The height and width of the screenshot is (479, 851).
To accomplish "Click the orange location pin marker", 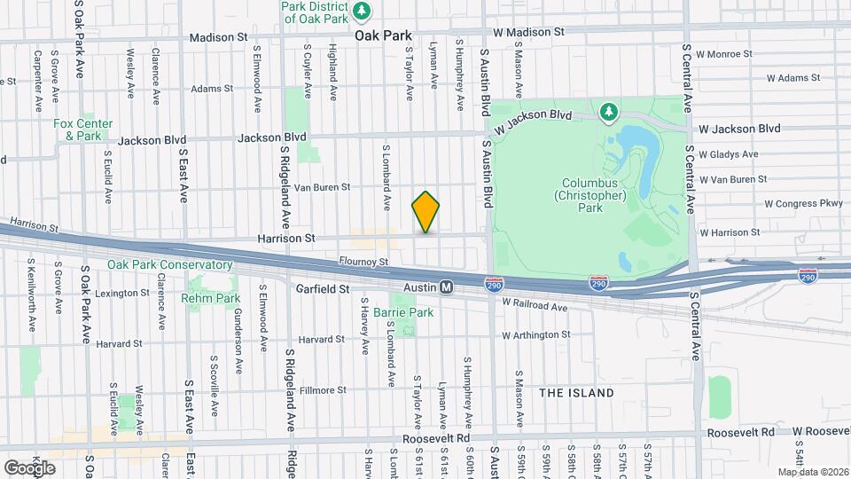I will (x=426, y=212).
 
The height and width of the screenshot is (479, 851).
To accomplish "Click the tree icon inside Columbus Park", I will (x=607, y=112).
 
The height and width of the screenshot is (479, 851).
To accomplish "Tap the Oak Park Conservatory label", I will (x=169, y=264).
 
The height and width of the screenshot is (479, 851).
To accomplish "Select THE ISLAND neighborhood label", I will (x=576, y=392).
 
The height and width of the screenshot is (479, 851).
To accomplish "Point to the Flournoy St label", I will (x=363, y=262).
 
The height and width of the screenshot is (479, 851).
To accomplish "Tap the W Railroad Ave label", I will (x=534, y=306).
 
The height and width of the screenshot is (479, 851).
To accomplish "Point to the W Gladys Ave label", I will (x=728, y=154).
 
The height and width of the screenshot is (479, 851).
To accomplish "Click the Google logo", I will (x=29, y=468).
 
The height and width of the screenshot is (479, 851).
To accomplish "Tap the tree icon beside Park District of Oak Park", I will (x=362, y=10).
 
